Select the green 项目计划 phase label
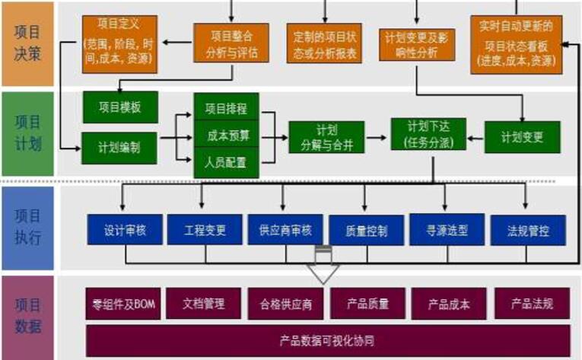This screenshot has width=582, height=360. (27, 135)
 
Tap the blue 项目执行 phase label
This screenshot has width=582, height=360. (27, 227)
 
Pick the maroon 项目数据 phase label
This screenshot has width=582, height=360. (27, 316)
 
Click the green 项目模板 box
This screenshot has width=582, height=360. (120, 107)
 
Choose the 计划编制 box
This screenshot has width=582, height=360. (120, 143)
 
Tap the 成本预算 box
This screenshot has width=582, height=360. (227, 135)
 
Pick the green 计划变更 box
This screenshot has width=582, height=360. (522, 137)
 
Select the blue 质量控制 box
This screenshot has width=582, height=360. (365, 230)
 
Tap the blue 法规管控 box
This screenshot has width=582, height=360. (528, 230)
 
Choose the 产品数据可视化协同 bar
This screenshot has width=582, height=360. (327, 340)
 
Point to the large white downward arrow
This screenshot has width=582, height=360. (323, 271)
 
